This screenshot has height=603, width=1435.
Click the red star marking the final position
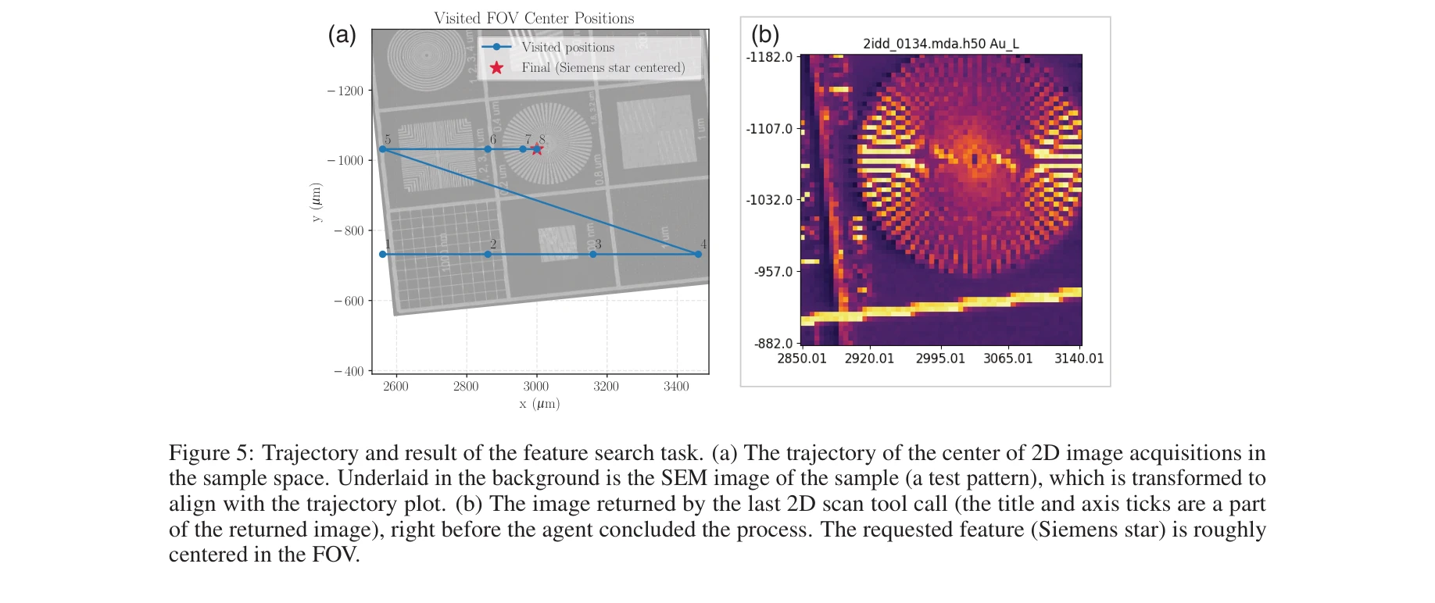click(x=537, y=149)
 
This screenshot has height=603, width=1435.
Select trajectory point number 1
click(x=382, y=254)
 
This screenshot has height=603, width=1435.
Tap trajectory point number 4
click(x=698, y=254)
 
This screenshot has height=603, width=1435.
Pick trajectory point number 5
click(x=382, y=149)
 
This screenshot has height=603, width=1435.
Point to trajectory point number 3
click(x=593, y=254)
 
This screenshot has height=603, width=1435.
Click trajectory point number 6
click(x=488, y=149)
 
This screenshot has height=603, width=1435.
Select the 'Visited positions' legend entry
click(x=567, y=48)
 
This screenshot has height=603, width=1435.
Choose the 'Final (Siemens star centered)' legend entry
click(x=603, y=68)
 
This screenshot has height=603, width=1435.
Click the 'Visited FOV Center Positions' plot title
click(x=534, y=18)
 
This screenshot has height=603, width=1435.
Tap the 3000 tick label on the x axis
click(x=536, y=387)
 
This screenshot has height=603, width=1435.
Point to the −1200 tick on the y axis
click(x=345, y=91)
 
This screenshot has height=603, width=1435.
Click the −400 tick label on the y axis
click(x=349, y=371)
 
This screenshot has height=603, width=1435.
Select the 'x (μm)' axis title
click(x=539, y=404)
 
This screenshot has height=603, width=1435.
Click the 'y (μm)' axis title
click(x=316, y=202)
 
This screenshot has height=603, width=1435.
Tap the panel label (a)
click(x=342, y=34)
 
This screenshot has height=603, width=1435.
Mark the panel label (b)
click(x=765, y=34)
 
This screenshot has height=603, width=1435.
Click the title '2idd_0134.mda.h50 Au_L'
click(x=940, y=44)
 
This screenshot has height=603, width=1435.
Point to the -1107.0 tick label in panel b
click(x=769, y=129)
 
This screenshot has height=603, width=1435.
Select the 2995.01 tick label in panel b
click(x=940, y=359)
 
